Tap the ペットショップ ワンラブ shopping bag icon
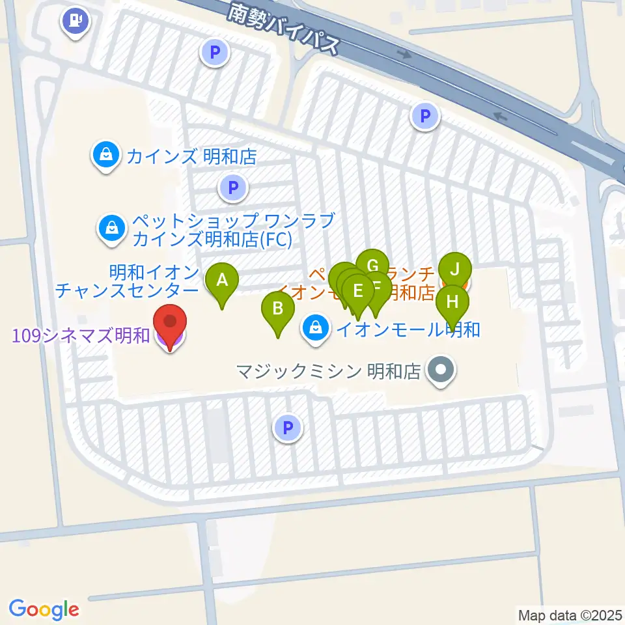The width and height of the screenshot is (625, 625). click(113, 228)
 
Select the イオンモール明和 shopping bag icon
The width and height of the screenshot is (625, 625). click(316, 327)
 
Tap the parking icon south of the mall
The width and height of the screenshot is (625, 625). click(288, 428)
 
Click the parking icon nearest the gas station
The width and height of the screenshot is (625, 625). click(215, 52)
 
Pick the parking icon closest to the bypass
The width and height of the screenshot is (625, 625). click(425, 117)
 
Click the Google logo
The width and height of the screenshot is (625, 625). click(44, 609)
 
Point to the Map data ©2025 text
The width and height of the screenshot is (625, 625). click(570, 615)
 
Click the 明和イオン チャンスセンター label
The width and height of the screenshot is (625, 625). click(127, 280)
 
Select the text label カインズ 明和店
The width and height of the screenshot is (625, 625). click(192, 156)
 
